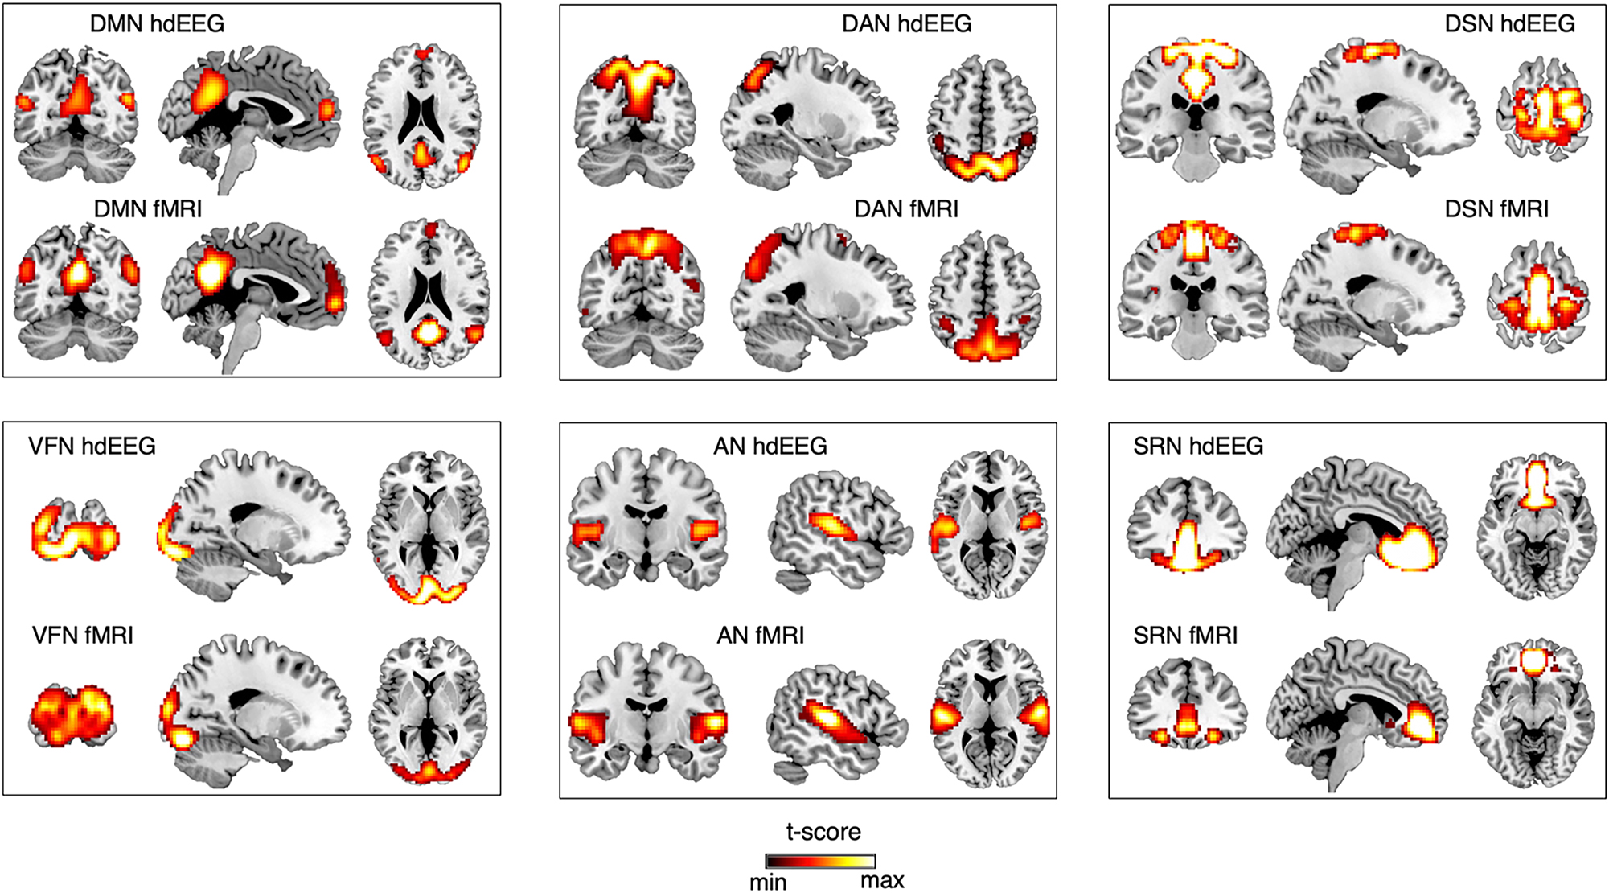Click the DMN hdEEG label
pyautogui.click(x=157, y=24)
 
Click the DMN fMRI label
pyautogui.click(x=148, y=209)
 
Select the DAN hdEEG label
pyautogui.click(x=906, y=24)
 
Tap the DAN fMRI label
pyautogui.click(x=906, y=209)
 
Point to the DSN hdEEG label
pyautogui.click(x=1509, y=24)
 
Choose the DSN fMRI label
pyautogui.click(x=1496, y=209)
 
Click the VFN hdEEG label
pyautogui.click(x=92, y=446)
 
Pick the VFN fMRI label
pyautogui.click(x=83, y=636)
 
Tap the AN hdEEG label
pyautogui.click(x=770, y=446)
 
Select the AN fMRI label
pyautogui.click(x=760, y=636)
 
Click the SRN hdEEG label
pyautogui.click(x=1198, y=446)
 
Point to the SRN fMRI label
pyautogui.click(x=1185, y=636)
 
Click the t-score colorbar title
pyautogui.click(x=823, y=832)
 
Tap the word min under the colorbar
pyautogui.click(x=768, y=883)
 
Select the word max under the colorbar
pyautogui.click(x=882, y=881)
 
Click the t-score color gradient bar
pyautogui.click(x=820, y=861)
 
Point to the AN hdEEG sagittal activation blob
pyautogui.click(x=834, y=528)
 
